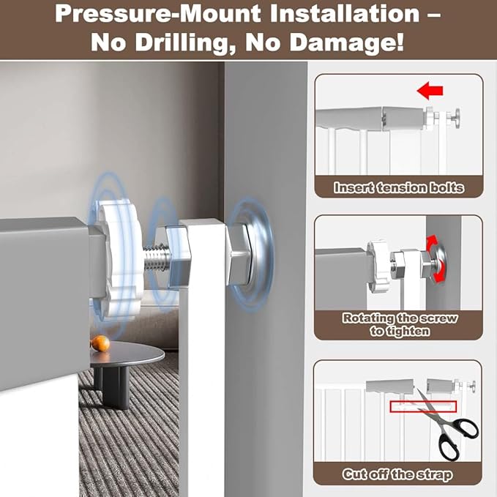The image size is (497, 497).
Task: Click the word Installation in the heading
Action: [345, 13]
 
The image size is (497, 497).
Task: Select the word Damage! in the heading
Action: [347, 42]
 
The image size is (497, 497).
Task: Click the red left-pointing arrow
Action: [430, 90]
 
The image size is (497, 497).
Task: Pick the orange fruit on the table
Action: [100, 343]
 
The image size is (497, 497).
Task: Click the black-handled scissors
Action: [447, 425]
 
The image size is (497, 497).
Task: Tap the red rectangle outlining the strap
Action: [423, 407]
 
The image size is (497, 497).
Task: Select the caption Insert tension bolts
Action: [399, 187]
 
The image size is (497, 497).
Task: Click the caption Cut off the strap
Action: [397, 474]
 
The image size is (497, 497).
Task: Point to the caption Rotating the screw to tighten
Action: [400, 324]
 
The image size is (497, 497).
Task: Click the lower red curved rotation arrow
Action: [440, 274]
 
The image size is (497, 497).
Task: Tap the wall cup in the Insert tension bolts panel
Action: [457, 118]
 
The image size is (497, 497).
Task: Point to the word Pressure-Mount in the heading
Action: [158, 14]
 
